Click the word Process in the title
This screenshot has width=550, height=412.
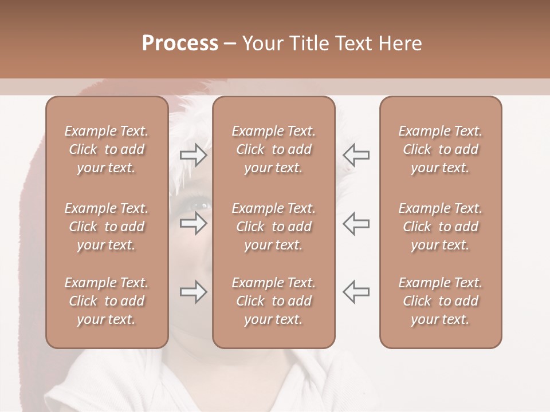pos(180,43)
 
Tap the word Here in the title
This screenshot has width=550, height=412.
pos(401,43)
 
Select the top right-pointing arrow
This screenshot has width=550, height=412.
pos(193,155)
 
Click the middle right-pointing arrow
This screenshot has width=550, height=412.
pos(193,223)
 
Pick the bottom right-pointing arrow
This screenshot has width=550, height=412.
pos(193,292)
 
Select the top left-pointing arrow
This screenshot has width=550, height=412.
pos(356,155)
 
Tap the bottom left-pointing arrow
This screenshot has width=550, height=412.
pos(356,291)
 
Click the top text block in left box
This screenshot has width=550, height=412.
pos(107,149)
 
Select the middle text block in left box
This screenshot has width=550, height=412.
pos(107,227)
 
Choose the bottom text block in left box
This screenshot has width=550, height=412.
pos(107,301)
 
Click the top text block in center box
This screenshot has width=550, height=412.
pos(274,149)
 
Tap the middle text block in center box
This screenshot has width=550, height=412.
pos(274,227)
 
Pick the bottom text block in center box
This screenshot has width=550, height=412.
pos(274,301)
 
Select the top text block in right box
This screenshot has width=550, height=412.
pos(441,149)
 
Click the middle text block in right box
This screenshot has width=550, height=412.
pos(441,227)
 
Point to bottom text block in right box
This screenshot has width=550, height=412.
pos(441,301)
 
